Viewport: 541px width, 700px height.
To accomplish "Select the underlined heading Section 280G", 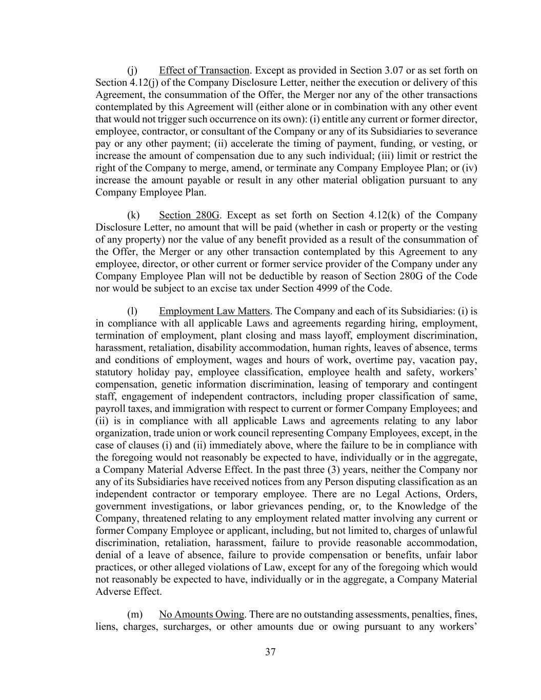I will [189, 215].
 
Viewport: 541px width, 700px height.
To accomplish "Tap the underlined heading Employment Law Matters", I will [214, 311].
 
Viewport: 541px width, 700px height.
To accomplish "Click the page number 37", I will [270, 652].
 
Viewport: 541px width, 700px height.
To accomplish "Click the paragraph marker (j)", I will [132, 70].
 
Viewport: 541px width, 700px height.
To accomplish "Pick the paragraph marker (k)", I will [133, 215].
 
